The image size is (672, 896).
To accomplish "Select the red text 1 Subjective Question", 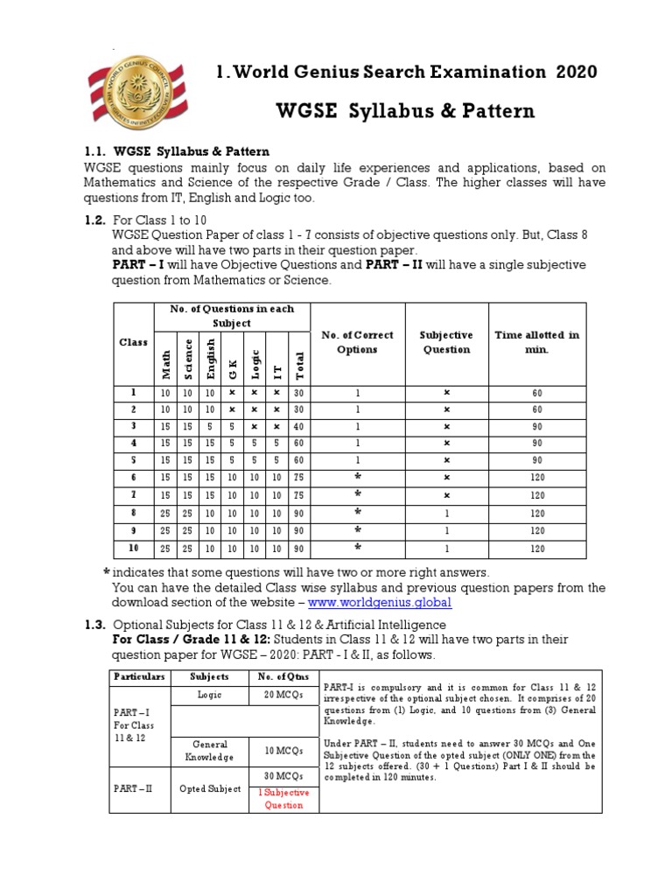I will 282,797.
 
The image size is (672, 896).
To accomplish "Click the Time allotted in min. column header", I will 537,341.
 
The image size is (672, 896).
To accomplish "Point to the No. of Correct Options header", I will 357,341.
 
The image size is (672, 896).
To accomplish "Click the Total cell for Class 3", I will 299,426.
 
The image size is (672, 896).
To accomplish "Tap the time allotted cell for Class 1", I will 537,394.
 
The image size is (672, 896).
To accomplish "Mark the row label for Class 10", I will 133,549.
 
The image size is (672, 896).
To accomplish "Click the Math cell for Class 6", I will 166,477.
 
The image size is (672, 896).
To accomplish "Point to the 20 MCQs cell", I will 282,695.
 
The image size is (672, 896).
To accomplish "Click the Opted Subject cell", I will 210,787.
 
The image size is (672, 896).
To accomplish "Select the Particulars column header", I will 138,676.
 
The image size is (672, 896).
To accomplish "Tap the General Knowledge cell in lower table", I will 210,750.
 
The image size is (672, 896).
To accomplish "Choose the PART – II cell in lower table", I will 133,787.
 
